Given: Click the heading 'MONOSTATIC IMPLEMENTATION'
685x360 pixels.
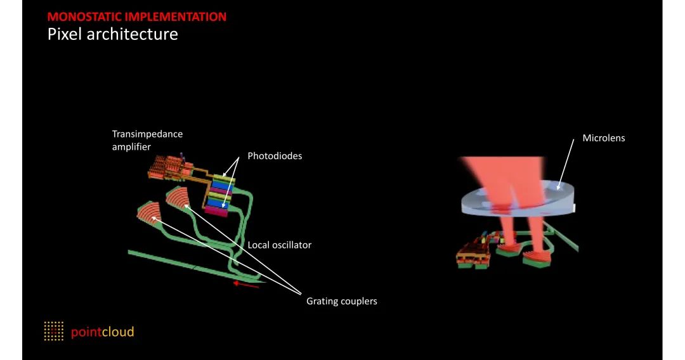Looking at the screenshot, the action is tap(136, 17).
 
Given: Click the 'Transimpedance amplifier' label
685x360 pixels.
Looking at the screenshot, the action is tap(147, 140).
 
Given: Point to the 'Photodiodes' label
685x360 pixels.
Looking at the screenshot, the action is tap(275, 156).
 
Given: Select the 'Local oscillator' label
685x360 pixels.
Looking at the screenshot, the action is tap(279, 245).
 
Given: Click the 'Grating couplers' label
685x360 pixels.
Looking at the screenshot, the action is tap(341, 301).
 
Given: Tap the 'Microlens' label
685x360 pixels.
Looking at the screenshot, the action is tap(603, 138).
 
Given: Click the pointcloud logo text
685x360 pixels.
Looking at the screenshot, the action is tap(102, 331).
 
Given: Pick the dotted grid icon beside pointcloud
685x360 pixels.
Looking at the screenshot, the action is tap(54, 331).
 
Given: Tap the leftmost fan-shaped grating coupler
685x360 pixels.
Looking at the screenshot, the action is tap(150, 214).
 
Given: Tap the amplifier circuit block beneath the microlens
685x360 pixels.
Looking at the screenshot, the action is tap(474, 254).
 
